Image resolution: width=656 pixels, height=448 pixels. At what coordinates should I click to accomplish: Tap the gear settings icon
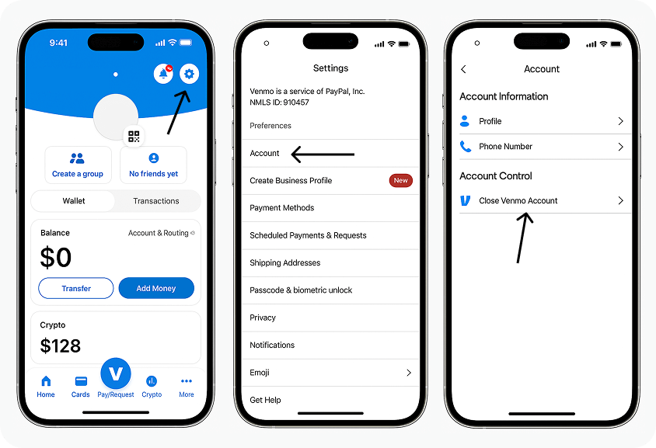190,74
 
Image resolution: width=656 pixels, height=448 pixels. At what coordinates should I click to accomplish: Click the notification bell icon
163,74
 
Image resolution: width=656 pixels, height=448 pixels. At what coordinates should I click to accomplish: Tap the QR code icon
134,137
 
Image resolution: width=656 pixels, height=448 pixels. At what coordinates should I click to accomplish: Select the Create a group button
77,165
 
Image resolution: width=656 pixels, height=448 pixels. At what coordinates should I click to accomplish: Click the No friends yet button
153,165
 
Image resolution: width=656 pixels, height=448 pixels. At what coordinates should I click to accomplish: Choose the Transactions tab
155,201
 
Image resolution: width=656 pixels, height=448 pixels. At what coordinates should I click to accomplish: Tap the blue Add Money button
156,288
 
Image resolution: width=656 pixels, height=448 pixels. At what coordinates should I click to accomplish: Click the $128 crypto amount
61,346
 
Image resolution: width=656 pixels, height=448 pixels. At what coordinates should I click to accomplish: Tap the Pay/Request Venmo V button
116,374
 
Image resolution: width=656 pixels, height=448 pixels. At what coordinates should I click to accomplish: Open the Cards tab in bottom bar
80,385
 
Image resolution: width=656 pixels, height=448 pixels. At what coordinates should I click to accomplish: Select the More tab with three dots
187,385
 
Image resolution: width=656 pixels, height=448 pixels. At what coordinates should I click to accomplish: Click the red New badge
400,180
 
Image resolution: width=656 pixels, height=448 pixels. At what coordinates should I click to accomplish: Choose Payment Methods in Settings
281,207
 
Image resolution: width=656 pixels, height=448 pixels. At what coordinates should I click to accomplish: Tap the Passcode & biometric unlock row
301,290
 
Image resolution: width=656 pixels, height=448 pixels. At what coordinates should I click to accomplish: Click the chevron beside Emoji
409,373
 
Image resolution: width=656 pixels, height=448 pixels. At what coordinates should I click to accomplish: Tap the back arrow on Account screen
464,69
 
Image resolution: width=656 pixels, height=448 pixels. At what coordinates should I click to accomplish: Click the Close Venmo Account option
518,200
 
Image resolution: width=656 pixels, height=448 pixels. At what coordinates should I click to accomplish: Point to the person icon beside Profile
465,121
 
